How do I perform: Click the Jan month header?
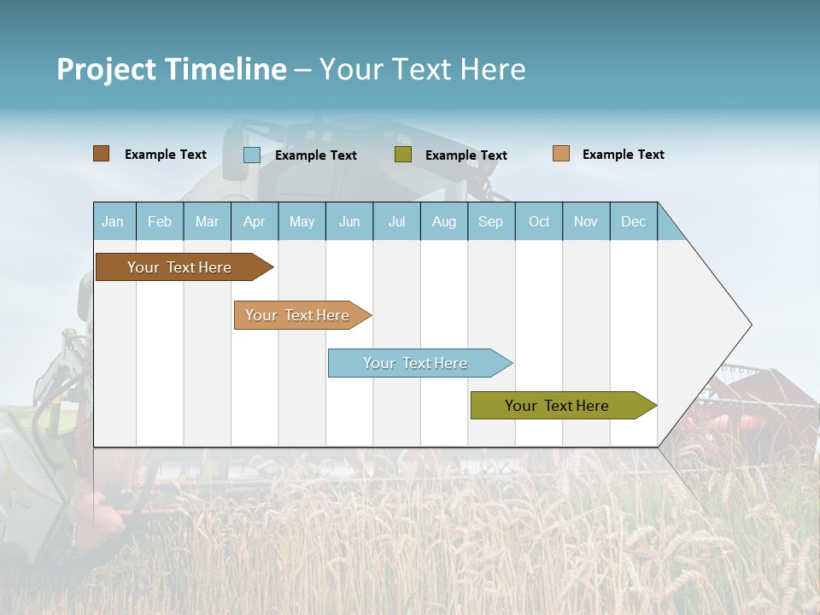tap(113, 222)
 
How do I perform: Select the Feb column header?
tap(160, 222)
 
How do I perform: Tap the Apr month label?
tap(255, 222)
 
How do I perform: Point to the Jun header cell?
tap(349, 222)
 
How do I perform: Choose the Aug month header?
tap(444, 222)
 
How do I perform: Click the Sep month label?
tap(491, 222)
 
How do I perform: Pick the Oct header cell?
tap(539, 222)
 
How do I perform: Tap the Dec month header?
tap(634, 222)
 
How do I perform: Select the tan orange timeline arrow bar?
tap(299, 315)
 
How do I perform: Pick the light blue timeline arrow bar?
tap(417, 363)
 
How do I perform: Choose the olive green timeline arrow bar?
tap(559, 406)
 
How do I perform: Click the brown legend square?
tap(102, 154)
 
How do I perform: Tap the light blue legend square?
tap(252, 155)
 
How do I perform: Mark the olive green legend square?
tap(403, 155)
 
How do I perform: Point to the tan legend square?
tap(561, 154)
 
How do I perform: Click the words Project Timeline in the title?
tap(171, 69)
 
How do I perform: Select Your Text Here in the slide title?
tap(422, 69)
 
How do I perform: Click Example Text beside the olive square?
tap(466, 155)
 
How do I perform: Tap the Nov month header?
tap(586, 222)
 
